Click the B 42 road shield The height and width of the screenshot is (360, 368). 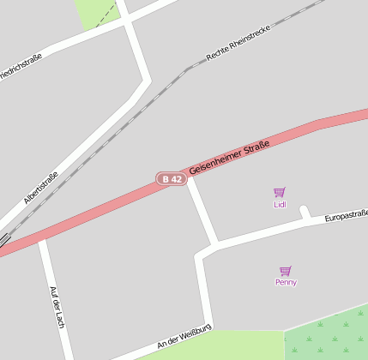click(172, 179)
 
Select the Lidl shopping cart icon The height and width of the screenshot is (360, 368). click(279, 193)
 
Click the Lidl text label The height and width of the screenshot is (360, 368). click(279, 205)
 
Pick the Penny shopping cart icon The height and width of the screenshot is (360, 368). click(286, 271)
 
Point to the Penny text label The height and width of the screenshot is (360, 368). click(286, 282)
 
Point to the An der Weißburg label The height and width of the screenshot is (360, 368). click(184, 339)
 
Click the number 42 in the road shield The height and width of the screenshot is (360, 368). click(176, 179)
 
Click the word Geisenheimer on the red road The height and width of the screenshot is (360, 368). click(214, 164)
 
